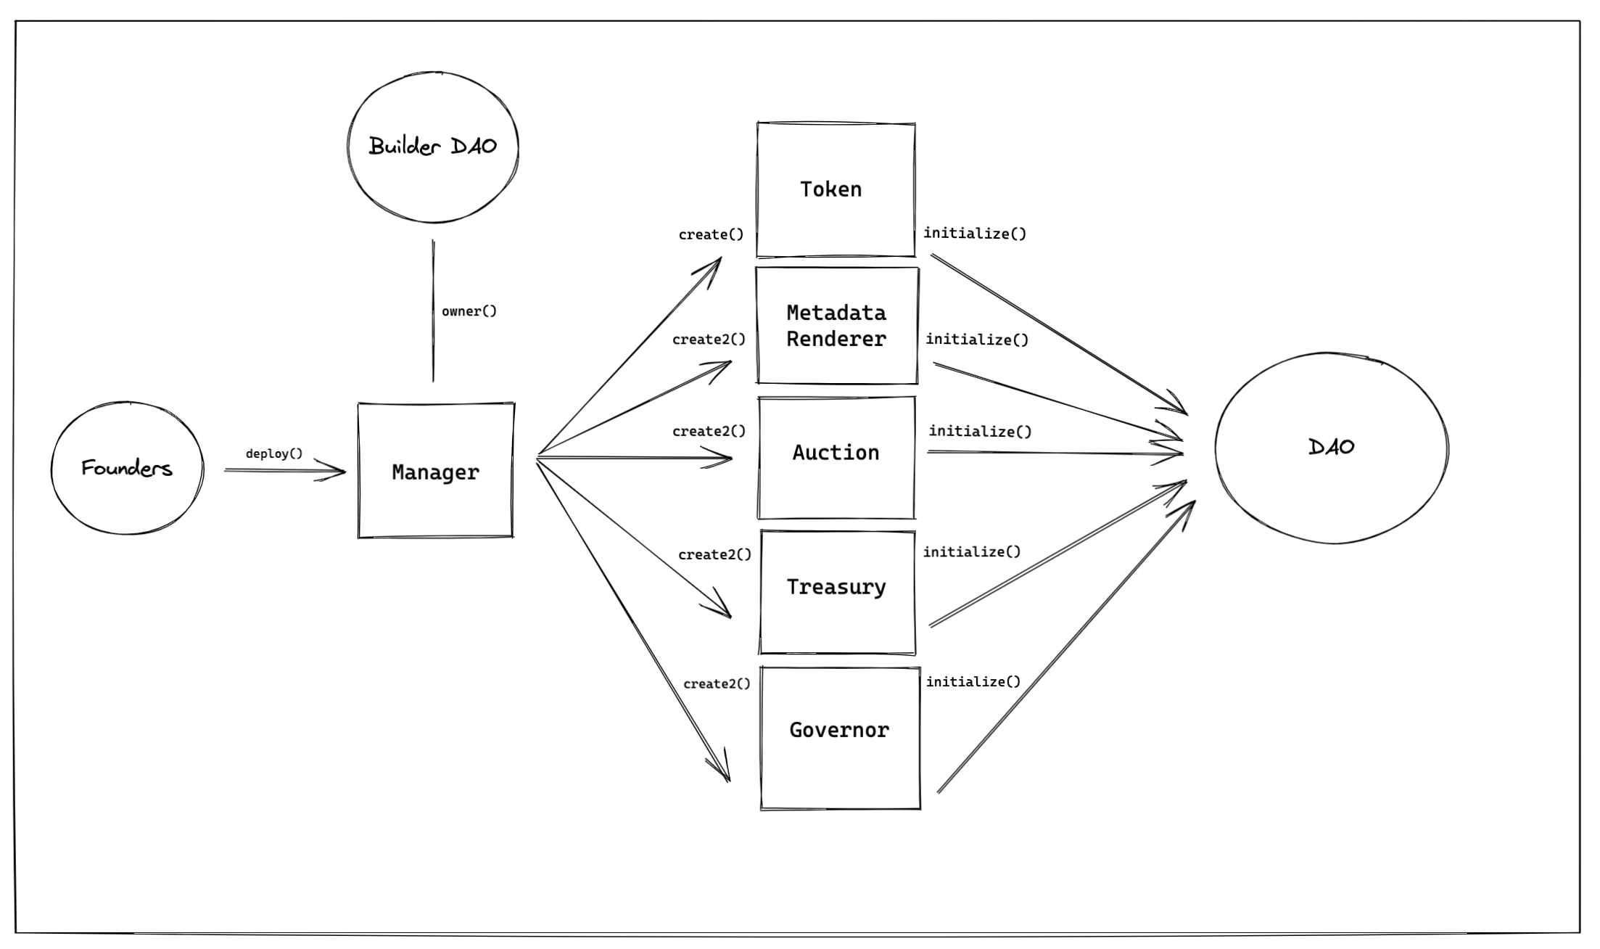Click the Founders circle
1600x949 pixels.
tap(127, 468)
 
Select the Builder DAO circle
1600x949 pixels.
tap(433, 147)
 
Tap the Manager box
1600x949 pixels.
tap(435, 472)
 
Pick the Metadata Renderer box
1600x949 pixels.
tap(836, 326)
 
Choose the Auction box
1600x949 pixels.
tap(836, 457)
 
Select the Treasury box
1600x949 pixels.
tap(837, 591)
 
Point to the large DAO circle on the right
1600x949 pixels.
tap(1331, 448)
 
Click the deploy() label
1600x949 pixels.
tap(274, 453)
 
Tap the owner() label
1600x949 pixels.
tap(469, 311)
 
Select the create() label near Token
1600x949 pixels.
tap(711, 234)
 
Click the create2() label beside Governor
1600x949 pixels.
tap(717, 683)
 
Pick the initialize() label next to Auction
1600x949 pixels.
tap(980, 431)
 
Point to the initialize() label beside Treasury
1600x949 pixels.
tap(971, 551)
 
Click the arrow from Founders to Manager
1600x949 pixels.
tap(283, 471)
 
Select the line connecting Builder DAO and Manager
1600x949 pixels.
tap(433, 312)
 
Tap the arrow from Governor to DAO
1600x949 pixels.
tap(1066, 646)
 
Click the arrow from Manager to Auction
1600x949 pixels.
tap(631, 457)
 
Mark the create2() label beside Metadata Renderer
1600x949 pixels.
tap(709, 339)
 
